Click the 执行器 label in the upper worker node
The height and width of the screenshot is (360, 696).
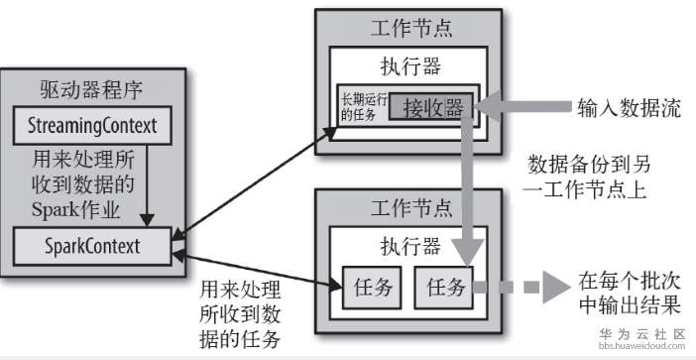410,67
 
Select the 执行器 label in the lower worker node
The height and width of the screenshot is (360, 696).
410,245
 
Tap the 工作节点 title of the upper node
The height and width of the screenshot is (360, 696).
410,28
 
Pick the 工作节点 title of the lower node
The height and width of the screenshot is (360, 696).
410,207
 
